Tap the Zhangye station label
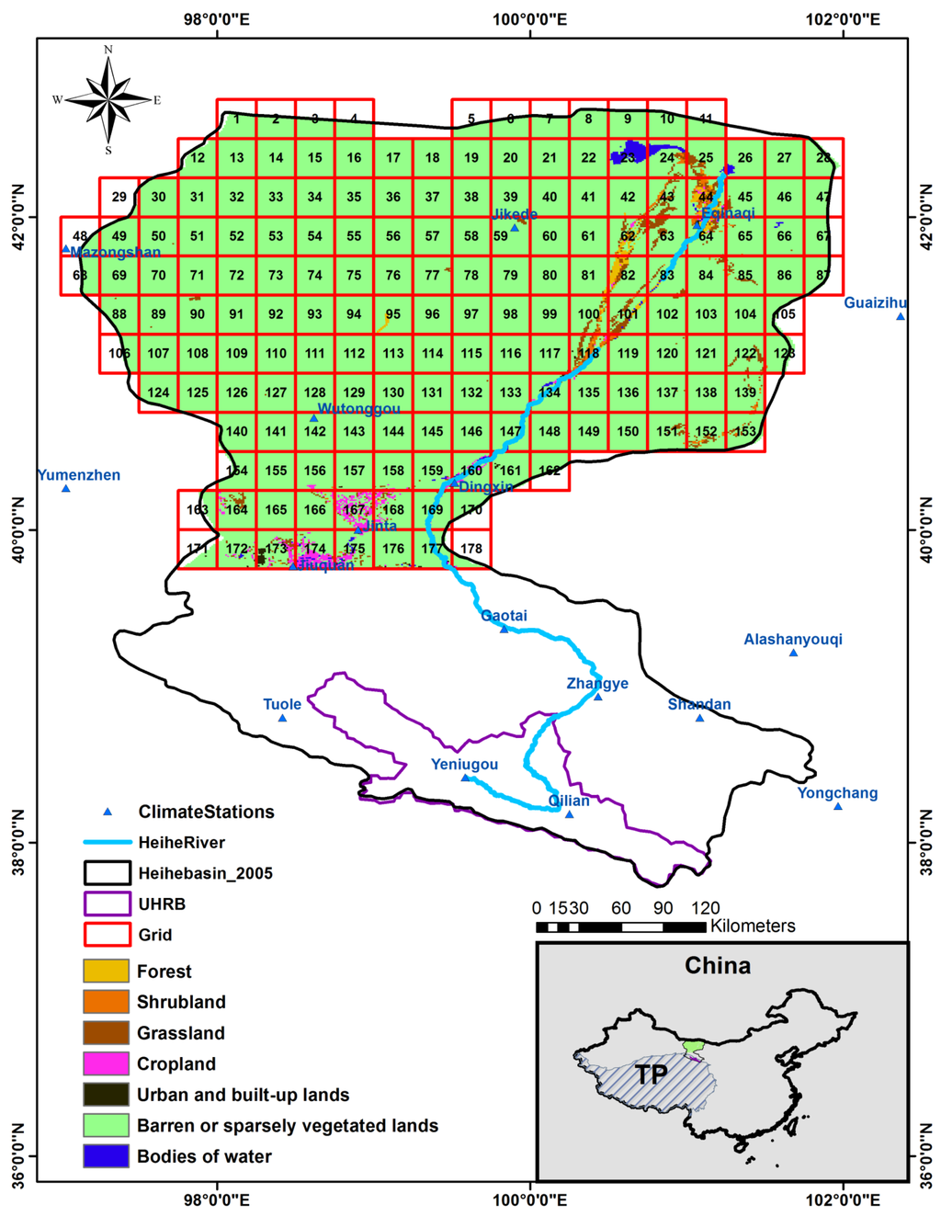597,683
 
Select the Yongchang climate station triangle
838,806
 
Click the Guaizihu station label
875,302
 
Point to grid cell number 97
471,314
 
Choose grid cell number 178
471,549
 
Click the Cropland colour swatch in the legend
106,1063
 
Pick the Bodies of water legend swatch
106,1156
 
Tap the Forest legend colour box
106,971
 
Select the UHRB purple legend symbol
106,903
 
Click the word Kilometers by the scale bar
753,926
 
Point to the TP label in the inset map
651,1074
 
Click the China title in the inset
718,965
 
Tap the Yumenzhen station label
79,475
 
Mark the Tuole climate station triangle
282,718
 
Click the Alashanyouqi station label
793,640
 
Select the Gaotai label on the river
505,616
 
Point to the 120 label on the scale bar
705,908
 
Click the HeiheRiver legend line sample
106,842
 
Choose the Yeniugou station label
465,765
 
